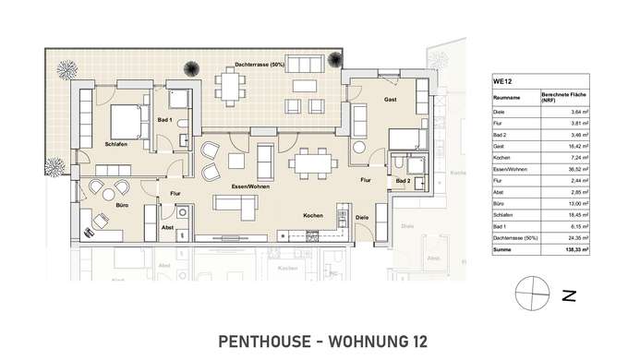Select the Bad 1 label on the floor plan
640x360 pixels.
165,120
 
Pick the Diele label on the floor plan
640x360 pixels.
362,218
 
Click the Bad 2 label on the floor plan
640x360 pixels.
403,183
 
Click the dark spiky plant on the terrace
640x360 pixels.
191,67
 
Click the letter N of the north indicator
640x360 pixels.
570,296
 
